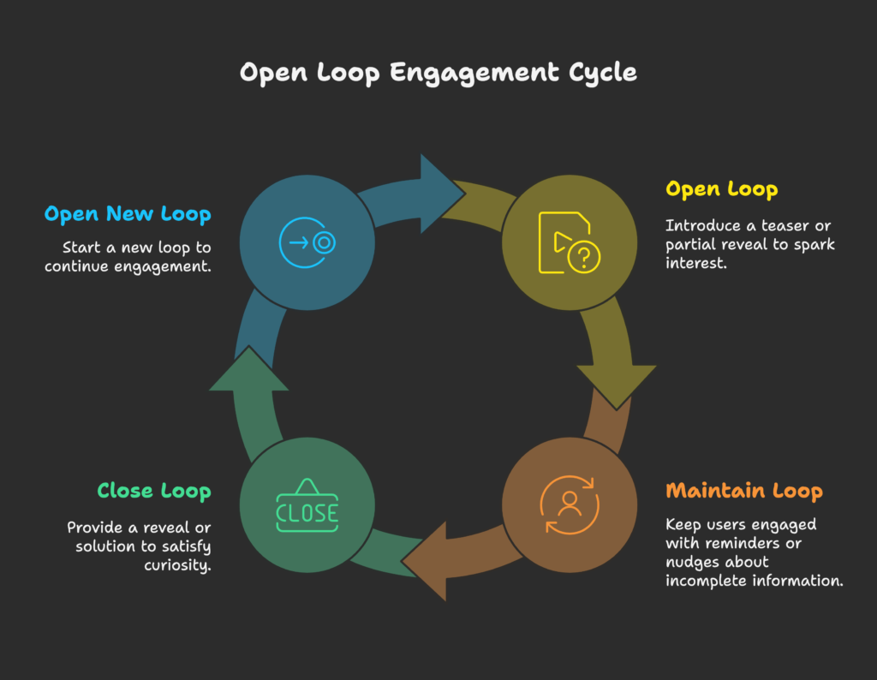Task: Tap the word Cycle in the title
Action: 603,74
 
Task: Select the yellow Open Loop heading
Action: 721,189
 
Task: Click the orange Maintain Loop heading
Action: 743,492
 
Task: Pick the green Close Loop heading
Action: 153,492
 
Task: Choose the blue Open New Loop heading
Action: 128,214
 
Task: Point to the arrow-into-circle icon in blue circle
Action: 307,242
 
